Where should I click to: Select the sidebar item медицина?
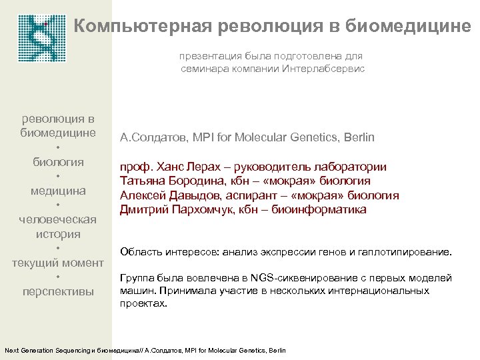tap(58, 191)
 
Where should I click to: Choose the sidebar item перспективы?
tap(58, 291)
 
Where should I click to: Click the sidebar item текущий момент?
tap(58, 263)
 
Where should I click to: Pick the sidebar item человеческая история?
tap(58, 227)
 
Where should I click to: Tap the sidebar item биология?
tap(58, 162)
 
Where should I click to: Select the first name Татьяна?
tap(143, 181)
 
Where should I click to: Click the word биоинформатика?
tap(323, 209)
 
